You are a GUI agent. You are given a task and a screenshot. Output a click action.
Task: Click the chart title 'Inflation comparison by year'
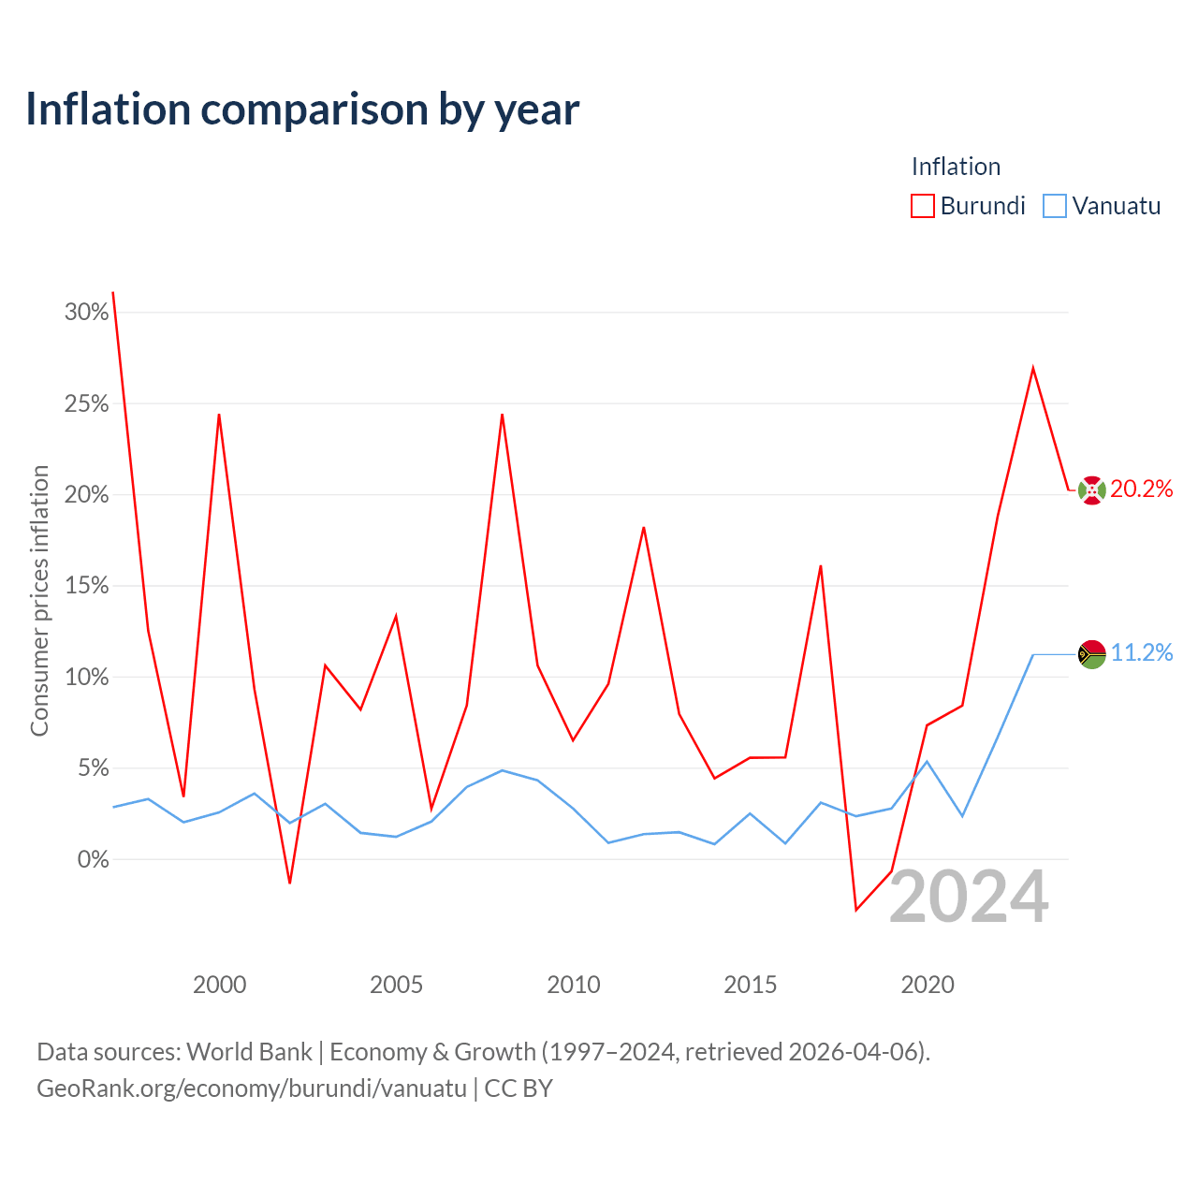302,110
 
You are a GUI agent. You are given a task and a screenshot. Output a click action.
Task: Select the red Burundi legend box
922,206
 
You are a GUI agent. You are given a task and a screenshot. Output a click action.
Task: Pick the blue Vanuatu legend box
1055,206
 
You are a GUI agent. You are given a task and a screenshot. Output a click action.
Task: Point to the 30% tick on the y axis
86,312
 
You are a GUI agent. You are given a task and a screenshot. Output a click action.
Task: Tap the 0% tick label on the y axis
93,859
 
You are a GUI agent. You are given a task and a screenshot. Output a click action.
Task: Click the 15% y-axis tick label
86,586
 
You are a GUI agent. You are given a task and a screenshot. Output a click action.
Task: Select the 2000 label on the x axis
219,985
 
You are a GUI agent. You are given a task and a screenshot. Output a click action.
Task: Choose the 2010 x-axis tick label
573,985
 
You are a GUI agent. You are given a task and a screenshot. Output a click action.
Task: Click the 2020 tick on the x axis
928,985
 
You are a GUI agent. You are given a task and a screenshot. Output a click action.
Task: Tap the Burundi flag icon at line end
1091,490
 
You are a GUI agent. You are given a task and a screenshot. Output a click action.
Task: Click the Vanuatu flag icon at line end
1091,654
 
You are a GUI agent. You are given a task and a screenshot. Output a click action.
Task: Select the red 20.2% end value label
1142,489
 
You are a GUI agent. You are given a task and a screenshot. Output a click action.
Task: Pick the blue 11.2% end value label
1142,652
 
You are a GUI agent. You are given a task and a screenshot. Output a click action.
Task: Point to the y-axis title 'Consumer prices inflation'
39,601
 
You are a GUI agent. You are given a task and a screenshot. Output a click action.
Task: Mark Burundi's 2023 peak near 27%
1033,368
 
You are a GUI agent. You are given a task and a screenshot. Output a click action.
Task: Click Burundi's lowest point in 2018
856,910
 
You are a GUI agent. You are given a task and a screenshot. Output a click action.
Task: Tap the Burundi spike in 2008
502,415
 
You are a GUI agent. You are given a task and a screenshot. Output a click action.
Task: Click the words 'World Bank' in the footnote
249,1052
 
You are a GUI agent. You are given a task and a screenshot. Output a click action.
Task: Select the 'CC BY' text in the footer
519,1088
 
